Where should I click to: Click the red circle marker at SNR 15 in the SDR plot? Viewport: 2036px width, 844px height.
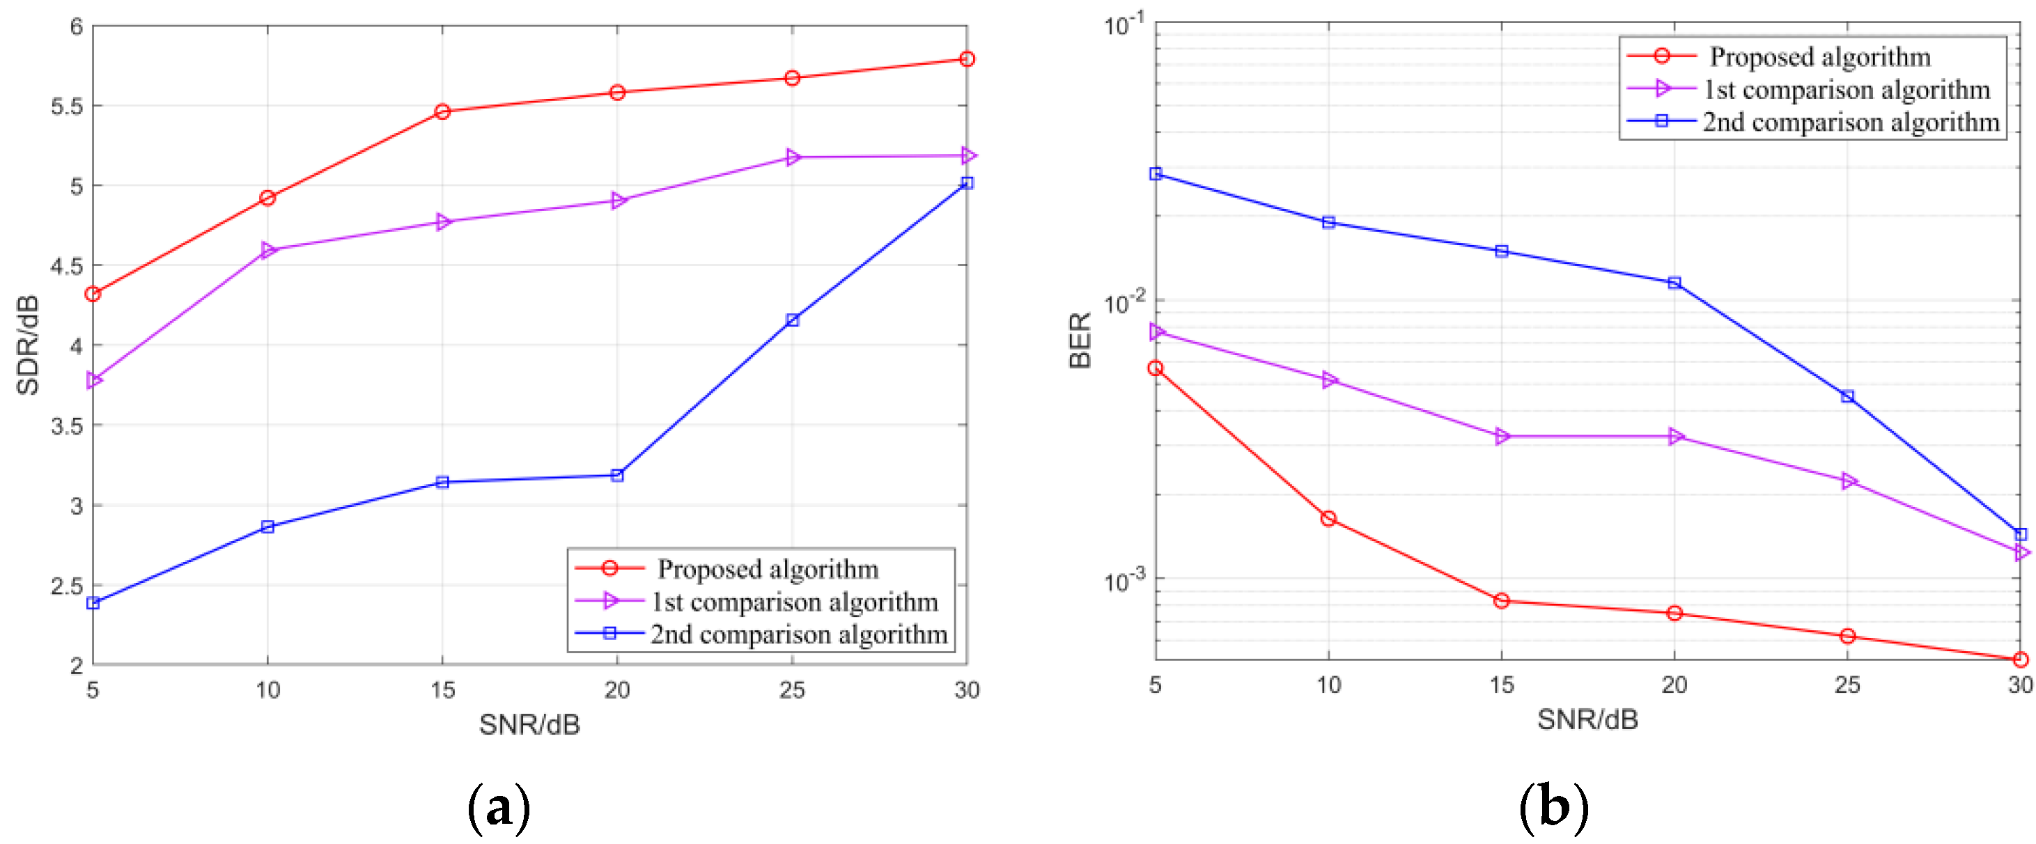coord(442,111)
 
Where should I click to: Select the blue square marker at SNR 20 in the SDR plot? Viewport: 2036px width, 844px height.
coord(617,475)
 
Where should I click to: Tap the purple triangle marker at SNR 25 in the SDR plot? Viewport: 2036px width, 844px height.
coord(793,158)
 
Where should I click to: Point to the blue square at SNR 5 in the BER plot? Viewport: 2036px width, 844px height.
coord(1156,173)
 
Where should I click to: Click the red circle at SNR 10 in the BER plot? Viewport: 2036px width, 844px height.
coord(1328,518)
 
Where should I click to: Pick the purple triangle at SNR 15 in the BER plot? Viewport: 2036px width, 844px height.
coord(1502,436)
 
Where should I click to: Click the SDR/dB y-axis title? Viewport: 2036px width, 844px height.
coord(28,345)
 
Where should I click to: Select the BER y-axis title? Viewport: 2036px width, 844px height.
coord(1080,340)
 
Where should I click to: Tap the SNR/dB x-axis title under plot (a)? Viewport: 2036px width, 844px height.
coord(529,724)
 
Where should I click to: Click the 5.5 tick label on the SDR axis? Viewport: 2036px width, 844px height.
coord(66,107)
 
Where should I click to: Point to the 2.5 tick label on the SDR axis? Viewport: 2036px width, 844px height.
coord(66,586)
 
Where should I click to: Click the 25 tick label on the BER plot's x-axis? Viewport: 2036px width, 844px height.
coord(1847,685)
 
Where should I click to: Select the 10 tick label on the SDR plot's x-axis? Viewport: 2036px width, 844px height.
coord(268,690)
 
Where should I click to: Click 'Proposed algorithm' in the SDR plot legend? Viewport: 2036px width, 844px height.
coord(768,568)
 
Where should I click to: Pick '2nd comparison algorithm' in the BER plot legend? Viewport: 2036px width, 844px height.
coord(1851,122)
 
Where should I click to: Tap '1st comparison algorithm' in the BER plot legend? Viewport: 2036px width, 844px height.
coord(1847,89)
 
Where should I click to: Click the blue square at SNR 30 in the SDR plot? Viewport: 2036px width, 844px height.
coord(967,182)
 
